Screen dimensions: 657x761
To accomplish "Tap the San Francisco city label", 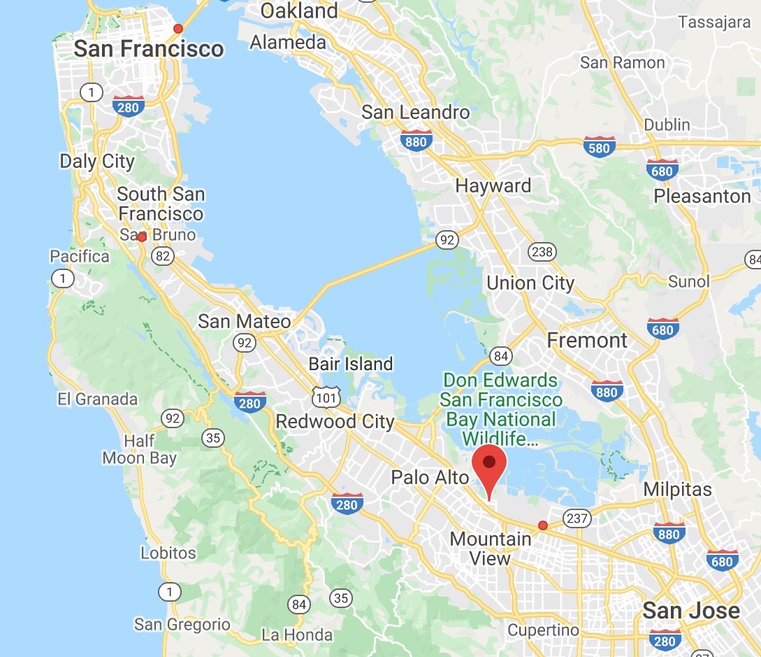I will (x=149, y=48).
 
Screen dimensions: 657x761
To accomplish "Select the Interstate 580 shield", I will (x=599, y=146).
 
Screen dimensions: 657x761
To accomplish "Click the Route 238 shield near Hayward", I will (x=542, y=252).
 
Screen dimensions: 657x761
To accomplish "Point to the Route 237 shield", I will (x=577, y=518).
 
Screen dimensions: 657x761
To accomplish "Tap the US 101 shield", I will (x=326, y=397).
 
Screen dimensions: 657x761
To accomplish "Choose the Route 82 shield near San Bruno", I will (x=163, y=256).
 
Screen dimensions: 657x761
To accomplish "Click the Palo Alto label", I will (x=430, y=477).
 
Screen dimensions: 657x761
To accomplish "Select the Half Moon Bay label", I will (x=139, y=450).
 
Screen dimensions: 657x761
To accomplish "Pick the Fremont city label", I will (x=587, y=341).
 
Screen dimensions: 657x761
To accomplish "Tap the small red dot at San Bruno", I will (x=142, y=237).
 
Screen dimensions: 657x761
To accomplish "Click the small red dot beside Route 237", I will (x=543, y=525).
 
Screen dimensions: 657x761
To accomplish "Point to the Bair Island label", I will (x=351, y=364).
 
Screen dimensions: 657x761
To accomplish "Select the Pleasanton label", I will (x=702, y=196).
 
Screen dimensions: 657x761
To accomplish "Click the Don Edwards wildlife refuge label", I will (x=501, y=410).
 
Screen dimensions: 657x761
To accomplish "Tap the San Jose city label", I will (x=690, y=610).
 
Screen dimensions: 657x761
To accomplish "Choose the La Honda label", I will (x=297, y=635).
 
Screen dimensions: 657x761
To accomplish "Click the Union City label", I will (x=530, y=283).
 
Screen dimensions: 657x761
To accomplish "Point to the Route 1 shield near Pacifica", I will (x=64, y=279).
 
